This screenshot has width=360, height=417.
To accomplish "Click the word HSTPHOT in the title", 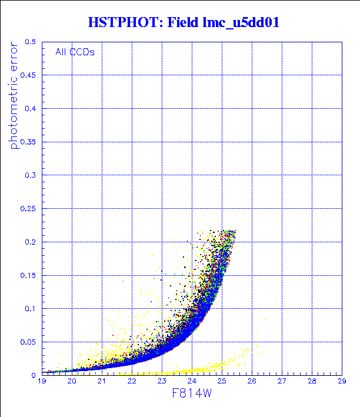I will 123,23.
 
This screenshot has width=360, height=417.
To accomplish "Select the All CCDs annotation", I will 75,52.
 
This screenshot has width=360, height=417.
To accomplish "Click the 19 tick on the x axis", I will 42,382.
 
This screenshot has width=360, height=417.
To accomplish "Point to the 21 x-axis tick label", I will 102,382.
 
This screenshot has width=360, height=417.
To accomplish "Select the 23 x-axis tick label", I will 162,382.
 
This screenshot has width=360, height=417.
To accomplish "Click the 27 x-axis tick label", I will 281,382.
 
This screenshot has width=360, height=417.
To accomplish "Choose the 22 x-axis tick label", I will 132,382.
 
